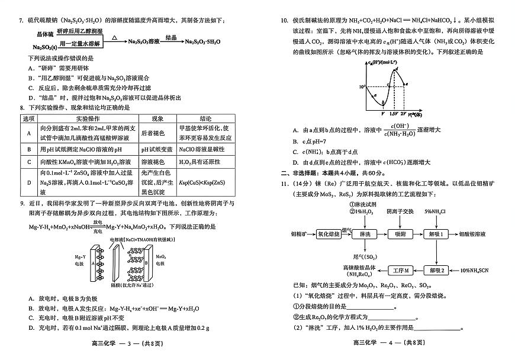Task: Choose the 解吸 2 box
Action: click(x=436, y=270)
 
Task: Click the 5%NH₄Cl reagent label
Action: click(x=436, y=211)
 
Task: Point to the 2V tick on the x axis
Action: click(x=404, y=112)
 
